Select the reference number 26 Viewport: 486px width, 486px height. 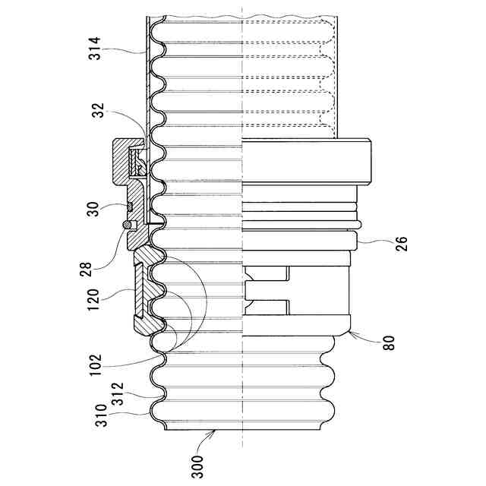402,244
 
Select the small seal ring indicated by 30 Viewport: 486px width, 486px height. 131,206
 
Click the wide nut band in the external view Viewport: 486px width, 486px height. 304,160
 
